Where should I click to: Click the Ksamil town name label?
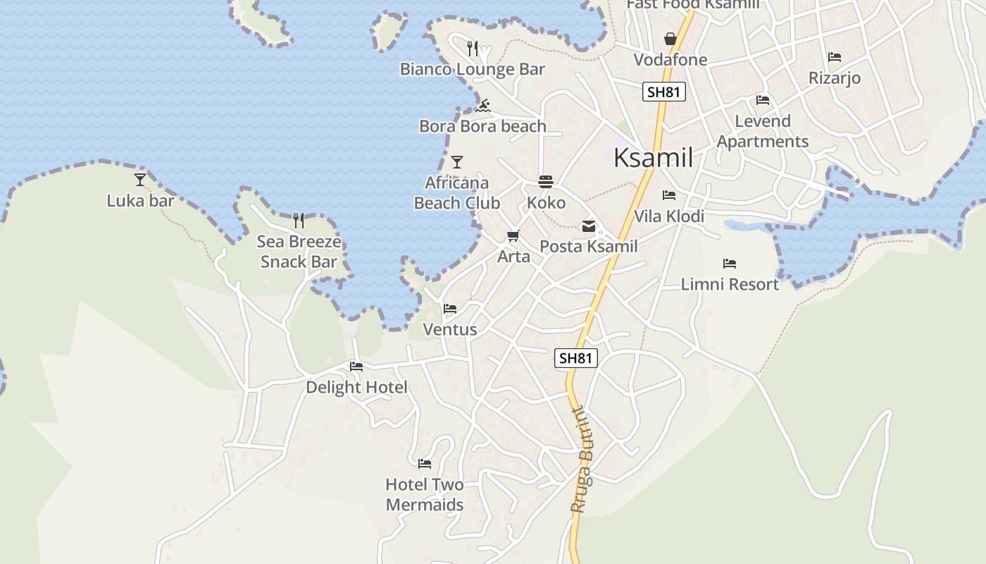(x=653, y=158)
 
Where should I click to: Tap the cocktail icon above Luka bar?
(x=140, y=180)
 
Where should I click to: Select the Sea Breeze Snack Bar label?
(x=299, y=252)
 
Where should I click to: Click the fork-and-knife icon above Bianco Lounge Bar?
(x=473, y=49)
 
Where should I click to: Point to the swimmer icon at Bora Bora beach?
(x=483, y=106)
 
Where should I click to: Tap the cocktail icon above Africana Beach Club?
(x=457, y=162)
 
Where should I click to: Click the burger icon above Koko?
(x=546, y=182)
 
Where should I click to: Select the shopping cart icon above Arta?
(x=513, y=235)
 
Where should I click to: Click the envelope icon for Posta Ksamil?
(x=588, y=226)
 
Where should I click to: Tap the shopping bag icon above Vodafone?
(x=670, y=39)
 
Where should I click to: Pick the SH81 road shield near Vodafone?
(x=664, y=92)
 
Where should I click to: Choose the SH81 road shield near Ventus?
(x=576, y=358)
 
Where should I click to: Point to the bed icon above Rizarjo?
(x=835, y=57)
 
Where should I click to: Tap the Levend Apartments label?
(x=763, y=131)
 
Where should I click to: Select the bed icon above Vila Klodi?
(x=669, y=195)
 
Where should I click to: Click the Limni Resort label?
(x=730, y=284)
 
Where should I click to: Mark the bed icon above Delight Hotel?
(x=356, y=367)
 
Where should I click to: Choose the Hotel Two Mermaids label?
(x=425, y=494)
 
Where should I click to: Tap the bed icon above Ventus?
(x=450, y=309)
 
